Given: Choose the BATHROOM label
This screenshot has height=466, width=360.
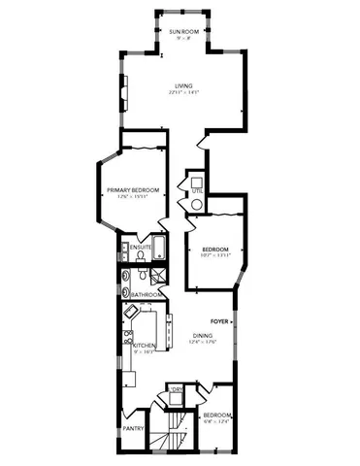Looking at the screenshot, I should [145, 295].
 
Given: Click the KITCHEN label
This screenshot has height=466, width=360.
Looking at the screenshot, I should [145, 347].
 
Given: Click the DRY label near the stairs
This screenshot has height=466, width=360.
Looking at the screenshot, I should [177, 391].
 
